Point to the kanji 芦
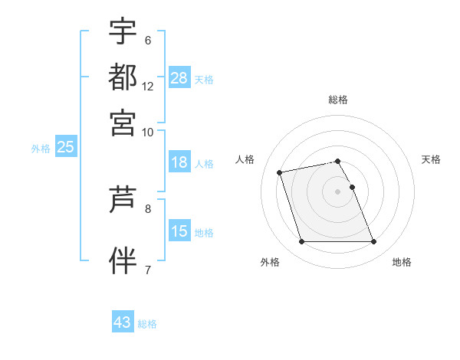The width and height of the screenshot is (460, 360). tap(123, 201)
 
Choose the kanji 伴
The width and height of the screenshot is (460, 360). tap(123, 259)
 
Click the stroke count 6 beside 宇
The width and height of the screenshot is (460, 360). tap(148, 40)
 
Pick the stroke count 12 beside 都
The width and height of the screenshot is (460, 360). tap(148, 86)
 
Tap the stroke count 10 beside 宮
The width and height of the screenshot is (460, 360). tap(148, 132)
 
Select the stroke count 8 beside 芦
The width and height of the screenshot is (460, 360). tap(148, 208)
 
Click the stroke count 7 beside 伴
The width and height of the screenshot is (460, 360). tap(148, 269)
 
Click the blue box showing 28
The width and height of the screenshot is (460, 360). tap(179, 78)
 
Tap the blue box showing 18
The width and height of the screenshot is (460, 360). tap(179, 162)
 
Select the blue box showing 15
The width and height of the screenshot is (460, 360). tap(179, 231)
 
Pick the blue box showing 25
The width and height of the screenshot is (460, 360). tap(65, 148)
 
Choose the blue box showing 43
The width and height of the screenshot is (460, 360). tap(123, 322)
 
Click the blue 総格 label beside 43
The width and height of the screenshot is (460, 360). tap(147, 324)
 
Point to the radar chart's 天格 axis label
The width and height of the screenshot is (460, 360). tap(432, 159)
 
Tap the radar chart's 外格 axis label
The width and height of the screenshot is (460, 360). tap(270, 262)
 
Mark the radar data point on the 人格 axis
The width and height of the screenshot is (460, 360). tap(280, 172)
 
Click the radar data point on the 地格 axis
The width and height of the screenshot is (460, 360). tap(373, 242)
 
